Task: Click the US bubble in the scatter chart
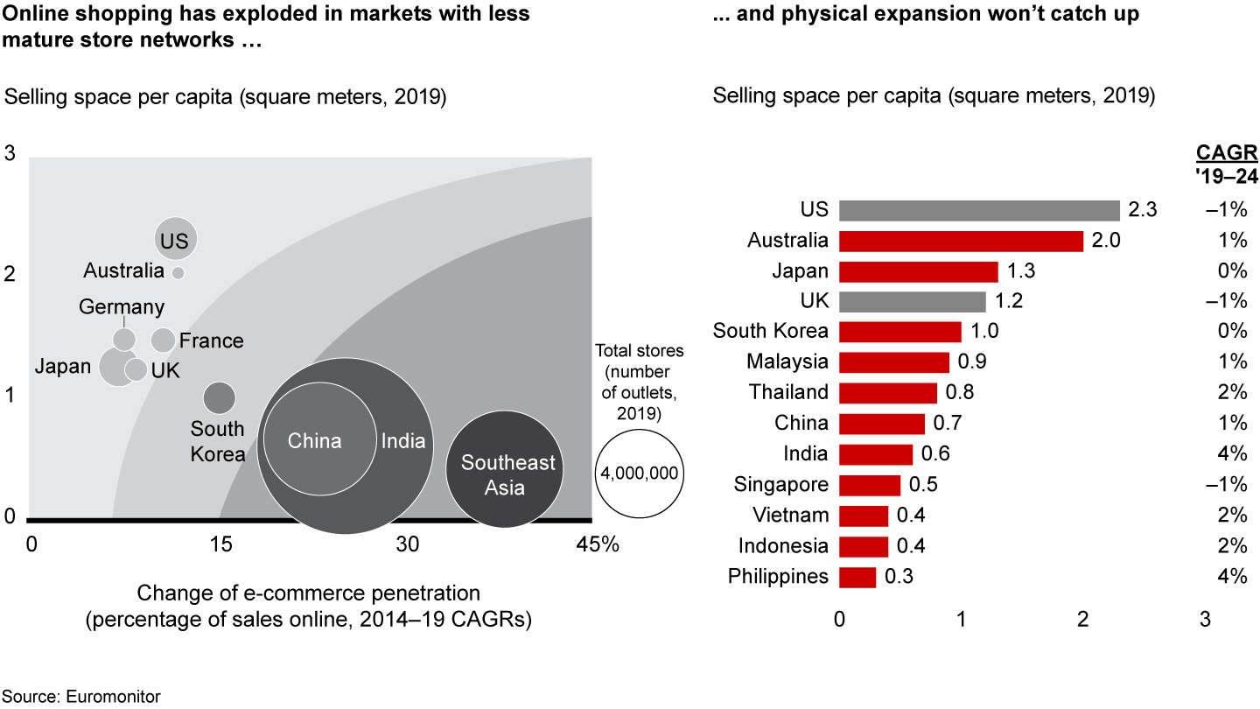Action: (176, 239)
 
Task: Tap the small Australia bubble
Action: (178, 272)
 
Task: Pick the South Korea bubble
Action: (220, 398)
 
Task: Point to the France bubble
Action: (164, 340)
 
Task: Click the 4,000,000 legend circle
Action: (639, 473)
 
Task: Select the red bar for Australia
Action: (961, 241)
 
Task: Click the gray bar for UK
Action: (913, 301)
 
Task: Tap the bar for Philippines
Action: (857, 577)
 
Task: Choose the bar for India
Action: (876, 454)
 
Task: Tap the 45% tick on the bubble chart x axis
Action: (598, 544)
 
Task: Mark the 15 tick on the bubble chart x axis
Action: (220, 544)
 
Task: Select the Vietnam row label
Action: (791, 516)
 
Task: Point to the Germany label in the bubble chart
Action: (122, 307)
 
